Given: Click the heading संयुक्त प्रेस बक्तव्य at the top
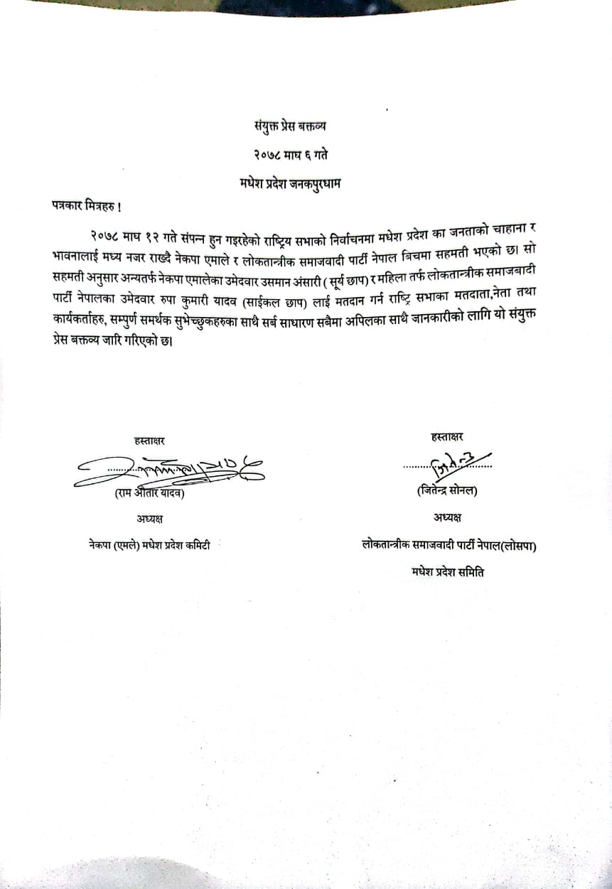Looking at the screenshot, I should click(290, 128).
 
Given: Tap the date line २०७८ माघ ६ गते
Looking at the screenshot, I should click(290, 154).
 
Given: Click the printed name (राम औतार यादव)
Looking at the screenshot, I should click(154, 495).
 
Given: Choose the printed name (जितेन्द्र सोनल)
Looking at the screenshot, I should click(447, 490).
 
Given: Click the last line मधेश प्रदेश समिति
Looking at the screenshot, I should click(447, 571).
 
